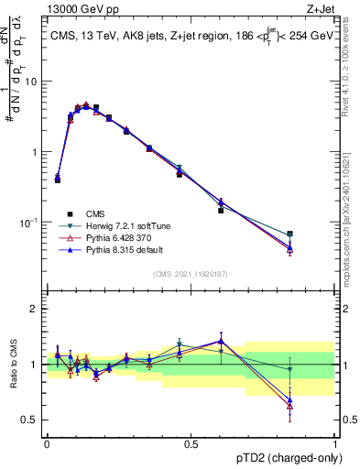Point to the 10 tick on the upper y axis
tap(34, 82)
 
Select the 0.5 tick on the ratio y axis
tap(33, 420)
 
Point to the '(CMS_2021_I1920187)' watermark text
tap(191, 273)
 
